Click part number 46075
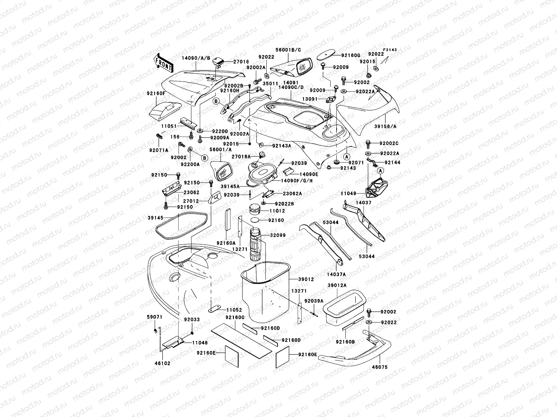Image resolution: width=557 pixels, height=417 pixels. (x=379, y=367)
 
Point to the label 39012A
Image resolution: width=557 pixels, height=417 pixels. (x=337, y=285)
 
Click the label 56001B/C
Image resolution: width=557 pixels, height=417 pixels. (x=288, y=50)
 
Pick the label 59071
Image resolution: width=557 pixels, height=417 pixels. (x=154, y=317)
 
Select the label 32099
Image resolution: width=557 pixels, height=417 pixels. (x=277, y=235)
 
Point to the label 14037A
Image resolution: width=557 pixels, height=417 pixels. (x=336, y=274)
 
